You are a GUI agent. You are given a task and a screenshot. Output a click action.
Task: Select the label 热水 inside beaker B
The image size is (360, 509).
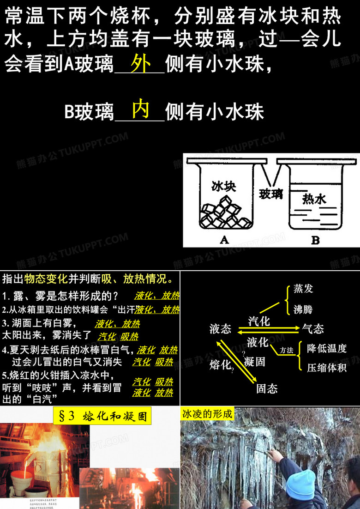click(314, 199)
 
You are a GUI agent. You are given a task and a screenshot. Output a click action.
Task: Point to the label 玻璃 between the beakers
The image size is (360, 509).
click(271, 194)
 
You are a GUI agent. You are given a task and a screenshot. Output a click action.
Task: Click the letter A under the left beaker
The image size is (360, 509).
click(224, 240)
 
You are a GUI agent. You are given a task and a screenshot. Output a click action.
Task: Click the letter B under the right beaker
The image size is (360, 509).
click(315, 240)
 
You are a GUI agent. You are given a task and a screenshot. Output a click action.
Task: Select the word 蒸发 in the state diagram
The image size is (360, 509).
click(303, 289)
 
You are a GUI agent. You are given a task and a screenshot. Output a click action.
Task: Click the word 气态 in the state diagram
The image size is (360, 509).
click(313, 328)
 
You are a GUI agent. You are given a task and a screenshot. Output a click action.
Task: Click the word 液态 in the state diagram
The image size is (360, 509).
click(220, 328)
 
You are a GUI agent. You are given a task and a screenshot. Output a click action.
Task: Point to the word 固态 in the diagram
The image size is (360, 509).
click(267, 388)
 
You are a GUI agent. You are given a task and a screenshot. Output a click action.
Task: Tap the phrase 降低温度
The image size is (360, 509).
click(327, 348)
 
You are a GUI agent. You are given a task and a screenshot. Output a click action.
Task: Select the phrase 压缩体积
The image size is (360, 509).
click(327, 368)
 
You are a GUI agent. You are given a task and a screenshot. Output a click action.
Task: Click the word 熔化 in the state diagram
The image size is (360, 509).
click(220, 365)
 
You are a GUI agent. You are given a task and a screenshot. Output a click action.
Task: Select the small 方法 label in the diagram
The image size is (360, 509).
click(286, 351)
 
